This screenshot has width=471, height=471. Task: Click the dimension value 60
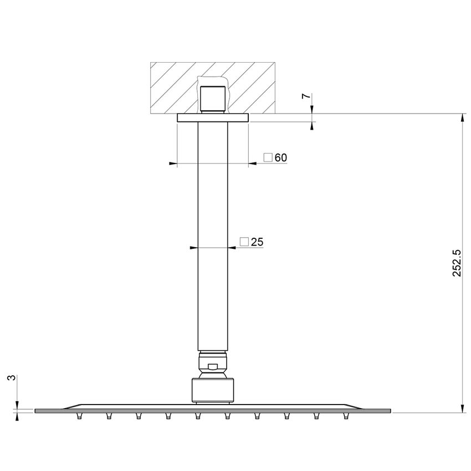(x=281, y=158)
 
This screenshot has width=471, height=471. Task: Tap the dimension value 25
(x=257, y=242)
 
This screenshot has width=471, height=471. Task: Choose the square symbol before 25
(x=244, y=242)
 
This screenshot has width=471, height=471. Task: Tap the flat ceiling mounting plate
(x=212, y=118)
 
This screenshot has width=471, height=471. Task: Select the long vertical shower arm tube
(x=212, y=233)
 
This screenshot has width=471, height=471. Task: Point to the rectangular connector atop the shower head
(x=212, y=389)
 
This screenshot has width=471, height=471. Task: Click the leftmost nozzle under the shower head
(x=77, y=416)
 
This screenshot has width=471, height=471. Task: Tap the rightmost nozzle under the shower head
(x=347, y=416)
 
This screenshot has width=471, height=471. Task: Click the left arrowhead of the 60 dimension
(x=172, y=163)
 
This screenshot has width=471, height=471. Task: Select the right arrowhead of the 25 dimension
(x=232, y=247)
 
